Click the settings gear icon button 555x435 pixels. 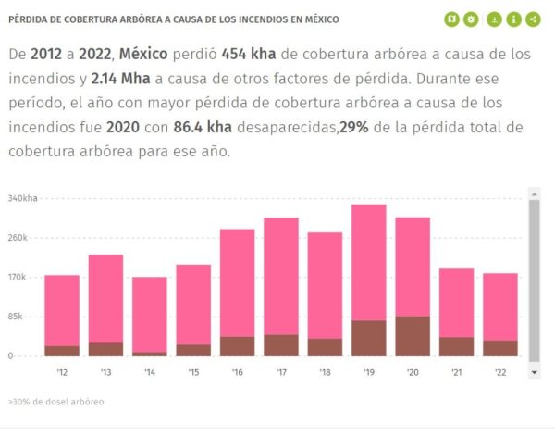tap(472, 19)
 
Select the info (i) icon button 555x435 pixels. tap(515, 19)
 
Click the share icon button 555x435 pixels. tap(536, 19)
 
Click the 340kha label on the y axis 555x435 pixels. tap(22, 198)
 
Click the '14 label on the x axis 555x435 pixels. tap(150, 373)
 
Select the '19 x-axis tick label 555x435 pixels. tap(368, 373)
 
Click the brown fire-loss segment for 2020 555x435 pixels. tap(413, 336)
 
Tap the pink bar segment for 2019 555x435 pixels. tap(368, 262)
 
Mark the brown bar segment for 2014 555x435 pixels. tap(150, 354)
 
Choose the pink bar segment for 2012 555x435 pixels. tap(62, 310)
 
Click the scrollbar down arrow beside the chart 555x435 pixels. tap(534, 371)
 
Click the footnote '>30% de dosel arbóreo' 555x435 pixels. tap(55, 403)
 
